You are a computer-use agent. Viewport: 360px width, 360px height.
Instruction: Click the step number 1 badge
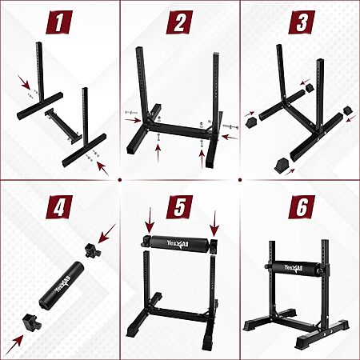tap(59, 22)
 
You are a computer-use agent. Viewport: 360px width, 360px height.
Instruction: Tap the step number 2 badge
tap(179, 22)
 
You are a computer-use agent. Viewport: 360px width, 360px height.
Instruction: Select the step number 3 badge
tap(302, 22)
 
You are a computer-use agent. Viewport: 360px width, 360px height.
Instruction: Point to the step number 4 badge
tap(59, 207)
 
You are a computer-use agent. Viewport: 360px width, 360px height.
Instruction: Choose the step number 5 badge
tap(179, 207)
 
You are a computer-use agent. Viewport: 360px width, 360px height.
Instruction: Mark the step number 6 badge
tap(302, 207)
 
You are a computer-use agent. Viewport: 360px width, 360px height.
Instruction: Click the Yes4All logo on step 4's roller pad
tap(62, 284)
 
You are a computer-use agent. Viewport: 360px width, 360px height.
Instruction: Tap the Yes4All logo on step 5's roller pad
tap(178, 244)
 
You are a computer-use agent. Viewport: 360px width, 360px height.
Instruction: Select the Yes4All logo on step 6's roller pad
tap(293, 268)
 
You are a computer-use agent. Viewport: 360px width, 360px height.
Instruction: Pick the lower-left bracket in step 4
tap(31, 322)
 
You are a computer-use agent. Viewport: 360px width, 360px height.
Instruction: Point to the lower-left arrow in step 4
tap(14, 345)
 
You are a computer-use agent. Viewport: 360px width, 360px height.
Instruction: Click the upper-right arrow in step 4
tap(107, 234)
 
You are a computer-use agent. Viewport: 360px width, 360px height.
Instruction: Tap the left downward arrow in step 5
tap(150, 220)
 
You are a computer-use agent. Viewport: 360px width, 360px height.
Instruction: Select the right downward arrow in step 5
tap(214, 223)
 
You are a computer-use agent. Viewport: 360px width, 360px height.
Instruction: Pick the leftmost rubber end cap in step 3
tap(251, 122)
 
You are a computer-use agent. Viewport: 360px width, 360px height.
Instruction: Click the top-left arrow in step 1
tap(24, 82)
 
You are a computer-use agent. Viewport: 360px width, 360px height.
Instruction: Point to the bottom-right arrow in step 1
tap(103, 169)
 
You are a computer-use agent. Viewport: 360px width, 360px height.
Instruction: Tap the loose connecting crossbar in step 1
tap(64, 126)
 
